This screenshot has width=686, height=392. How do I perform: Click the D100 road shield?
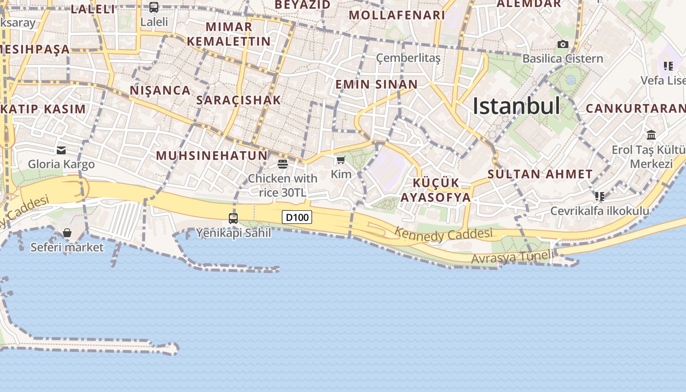pos(297,217)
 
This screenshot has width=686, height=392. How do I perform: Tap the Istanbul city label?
pos(516,106)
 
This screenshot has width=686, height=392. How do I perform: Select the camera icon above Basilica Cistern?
pos(563,45)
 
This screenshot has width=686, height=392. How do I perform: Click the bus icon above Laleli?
pos(154,7)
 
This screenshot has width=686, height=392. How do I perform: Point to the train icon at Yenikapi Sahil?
pos(233,218)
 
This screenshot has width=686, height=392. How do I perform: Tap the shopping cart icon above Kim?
pos(341,160)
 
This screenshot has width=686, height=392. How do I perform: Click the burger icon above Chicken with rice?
pos(283,164)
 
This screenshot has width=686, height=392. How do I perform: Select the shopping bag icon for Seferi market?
pos(67,233)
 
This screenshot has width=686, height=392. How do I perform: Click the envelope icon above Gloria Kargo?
pos(61,150)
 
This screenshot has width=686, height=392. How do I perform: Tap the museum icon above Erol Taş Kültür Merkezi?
pos(651,135)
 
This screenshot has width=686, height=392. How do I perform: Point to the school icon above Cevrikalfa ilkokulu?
pos(600,196)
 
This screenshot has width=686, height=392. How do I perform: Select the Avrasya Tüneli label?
pos(513,257)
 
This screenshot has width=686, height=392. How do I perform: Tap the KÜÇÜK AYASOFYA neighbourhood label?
pos(436,190)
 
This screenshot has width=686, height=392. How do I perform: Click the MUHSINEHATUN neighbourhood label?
pos(212,156)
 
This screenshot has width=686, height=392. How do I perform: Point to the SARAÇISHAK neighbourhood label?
pos(239,100)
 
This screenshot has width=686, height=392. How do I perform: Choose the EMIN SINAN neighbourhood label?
pos(376,84)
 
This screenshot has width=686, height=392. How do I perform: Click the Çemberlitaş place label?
pos(408,58)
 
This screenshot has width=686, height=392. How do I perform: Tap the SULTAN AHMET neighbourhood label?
pos(540,174)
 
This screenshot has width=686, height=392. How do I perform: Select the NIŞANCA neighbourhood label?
pos(160,90)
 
